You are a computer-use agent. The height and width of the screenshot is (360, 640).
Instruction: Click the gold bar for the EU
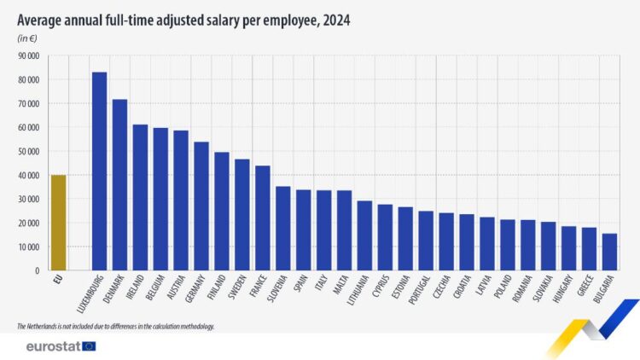coord(58,223)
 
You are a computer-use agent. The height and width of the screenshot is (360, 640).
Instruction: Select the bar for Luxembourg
coord(99,171)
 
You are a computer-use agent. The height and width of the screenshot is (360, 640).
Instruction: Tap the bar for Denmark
coord(119,184)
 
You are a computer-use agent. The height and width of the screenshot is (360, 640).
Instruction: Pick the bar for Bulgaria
coord(609,252)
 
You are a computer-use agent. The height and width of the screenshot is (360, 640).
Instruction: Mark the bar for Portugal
coord(426,241)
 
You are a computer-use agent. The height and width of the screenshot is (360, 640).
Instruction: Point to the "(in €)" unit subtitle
coord(27,38)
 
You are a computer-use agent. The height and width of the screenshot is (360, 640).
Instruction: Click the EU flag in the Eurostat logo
coord(89,346)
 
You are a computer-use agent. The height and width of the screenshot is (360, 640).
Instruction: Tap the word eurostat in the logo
coord(53,346)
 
